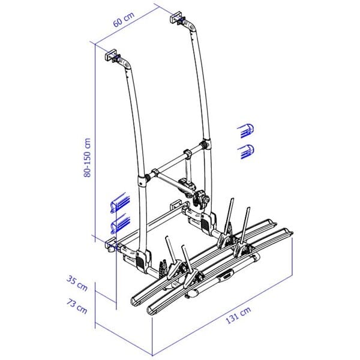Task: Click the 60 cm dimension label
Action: (x=124, y=20)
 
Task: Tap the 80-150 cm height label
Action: (x=87, y=158)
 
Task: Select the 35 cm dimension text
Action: (x=77, y=284)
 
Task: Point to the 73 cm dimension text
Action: (x=77, y=306)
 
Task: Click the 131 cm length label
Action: (x=238, y=315)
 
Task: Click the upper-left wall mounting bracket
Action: (x=111, y=55)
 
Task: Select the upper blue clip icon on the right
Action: (x=246, y=131)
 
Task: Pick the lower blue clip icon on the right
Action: (x=246, y=152)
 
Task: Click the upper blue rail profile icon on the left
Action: (x=120, y=203)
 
